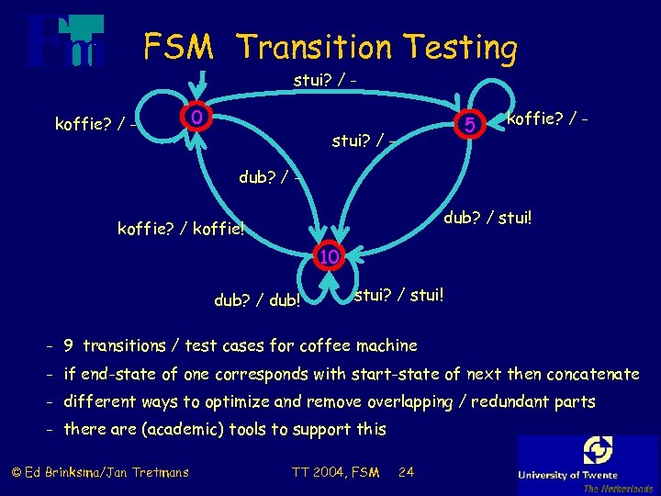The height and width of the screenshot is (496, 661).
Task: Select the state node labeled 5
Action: click(x=469, y=123)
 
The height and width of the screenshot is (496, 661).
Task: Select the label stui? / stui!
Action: click(x=399, y=295)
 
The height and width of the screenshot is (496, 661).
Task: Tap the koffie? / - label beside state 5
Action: click(x=548, y=118)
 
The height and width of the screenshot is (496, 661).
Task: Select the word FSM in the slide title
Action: click(x=178, y=46)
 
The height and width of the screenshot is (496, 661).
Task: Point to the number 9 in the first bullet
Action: click(x=69, y=345)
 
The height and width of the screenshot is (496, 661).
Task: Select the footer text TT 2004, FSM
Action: click(x=335, y=472)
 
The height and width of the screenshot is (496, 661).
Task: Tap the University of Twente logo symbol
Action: click(x=598, y=450)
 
